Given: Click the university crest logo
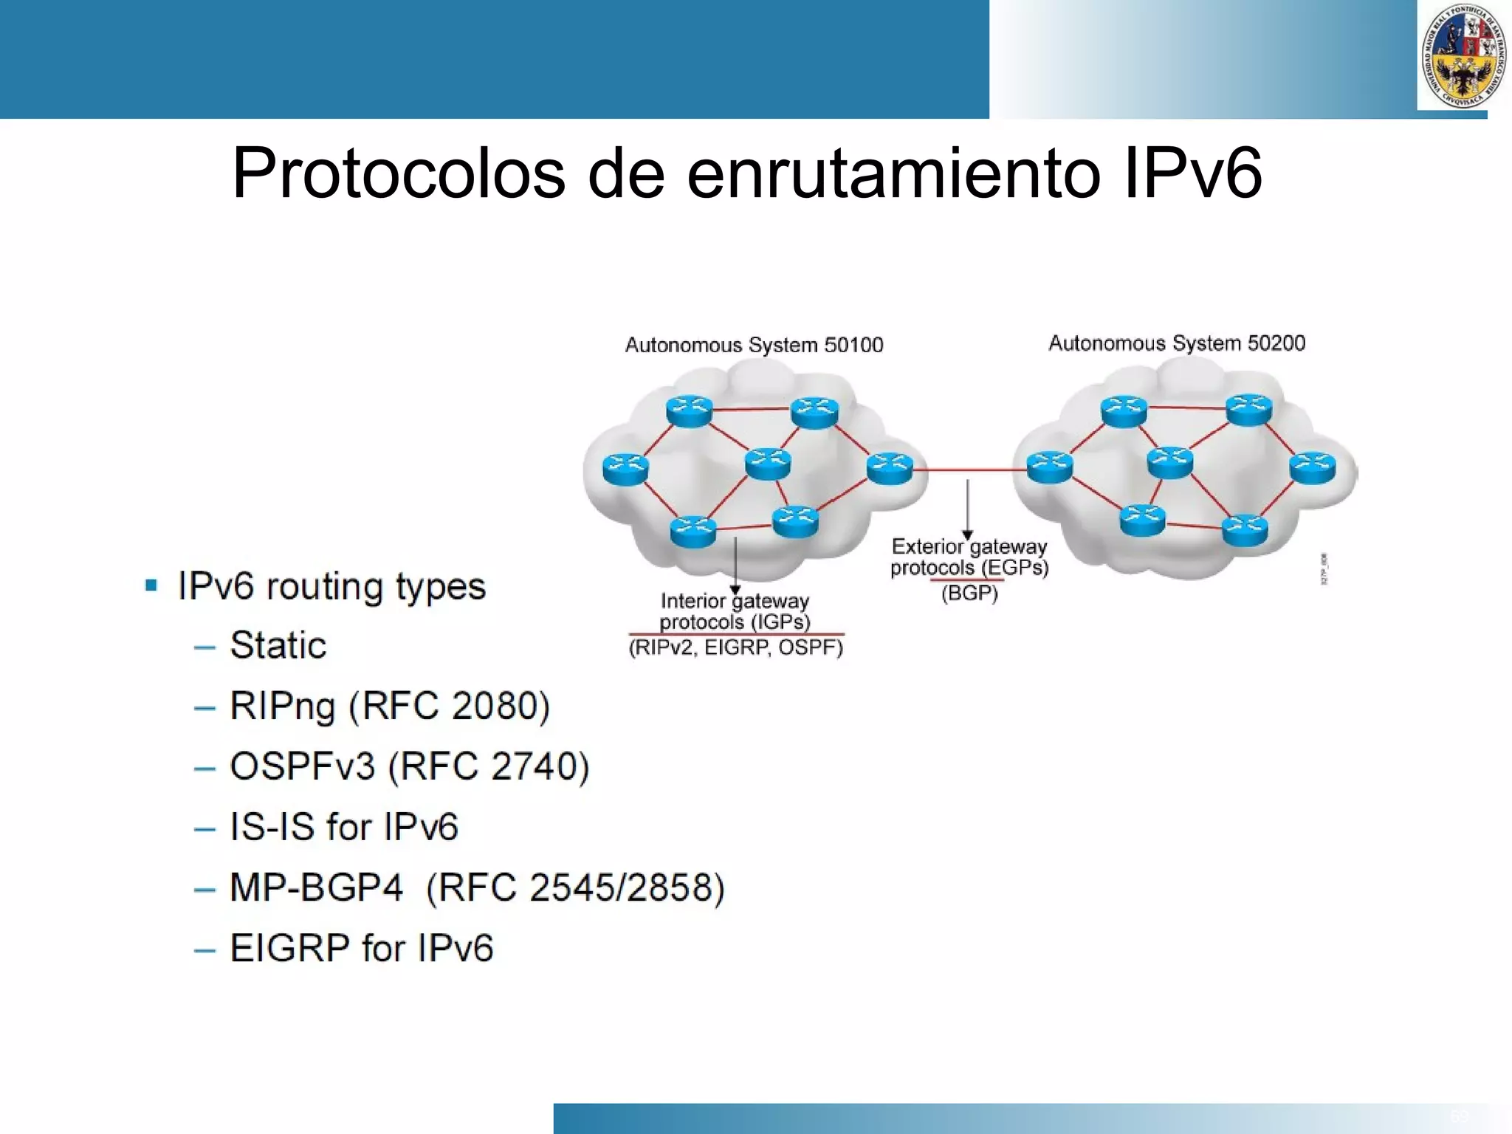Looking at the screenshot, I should [x=1462, y=56].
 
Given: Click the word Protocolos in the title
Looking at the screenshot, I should [x=399, y=174].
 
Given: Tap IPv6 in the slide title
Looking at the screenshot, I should [x=1192, y=174].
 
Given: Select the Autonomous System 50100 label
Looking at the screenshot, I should [x=754, y=345].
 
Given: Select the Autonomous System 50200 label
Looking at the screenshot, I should [x=1177, y=343].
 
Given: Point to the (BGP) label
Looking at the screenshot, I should [x=969, y=593].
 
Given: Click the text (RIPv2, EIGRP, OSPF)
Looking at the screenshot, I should [x=735, y=647].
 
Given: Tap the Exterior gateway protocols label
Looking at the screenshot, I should [x=969, y=557].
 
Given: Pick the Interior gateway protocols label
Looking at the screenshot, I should [x=735, y=611].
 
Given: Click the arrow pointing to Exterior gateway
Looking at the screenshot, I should [x=967, y=509].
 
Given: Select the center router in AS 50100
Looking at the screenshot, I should [x=768, y=464].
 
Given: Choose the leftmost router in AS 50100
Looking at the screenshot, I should [x=625, y=470].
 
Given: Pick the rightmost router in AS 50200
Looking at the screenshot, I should [x=1312, y=468].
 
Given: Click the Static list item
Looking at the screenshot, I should [x=278, y=645].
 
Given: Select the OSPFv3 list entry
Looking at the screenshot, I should [x=303, y=766].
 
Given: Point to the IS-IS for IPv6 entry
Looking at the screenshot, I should [x=344, y=827].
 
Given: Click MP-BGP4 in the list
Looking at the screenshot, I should [x=316, y=887].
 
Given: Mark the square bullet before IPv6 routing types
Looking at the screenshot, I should [x=151, y=586].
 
